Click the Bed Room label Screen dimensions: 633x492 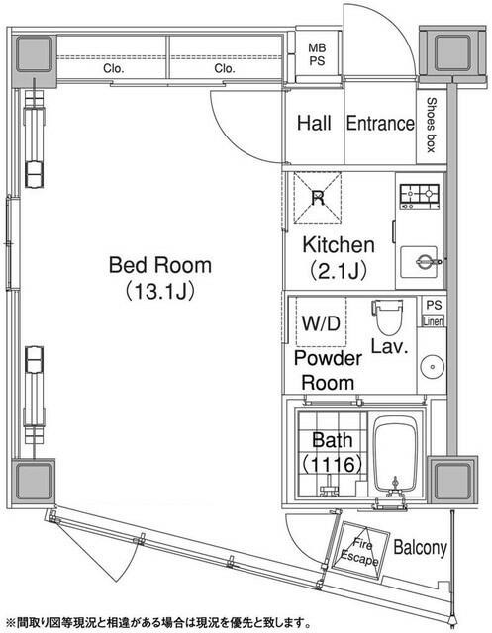click(x=159, y=265)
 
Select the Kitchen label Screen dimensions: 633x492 click(x=338, y=245)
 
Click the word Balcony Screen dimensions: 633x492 click(x=420, y=547)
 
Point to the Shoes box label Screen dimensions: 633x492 click(x=433, y=125)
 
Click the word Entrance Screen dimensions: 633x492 click(x=379, y=124)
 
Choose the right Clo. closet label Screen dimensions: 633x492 click(x=224, y=69)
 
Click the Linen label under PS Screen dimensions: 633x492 click(x=434, y=321)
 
